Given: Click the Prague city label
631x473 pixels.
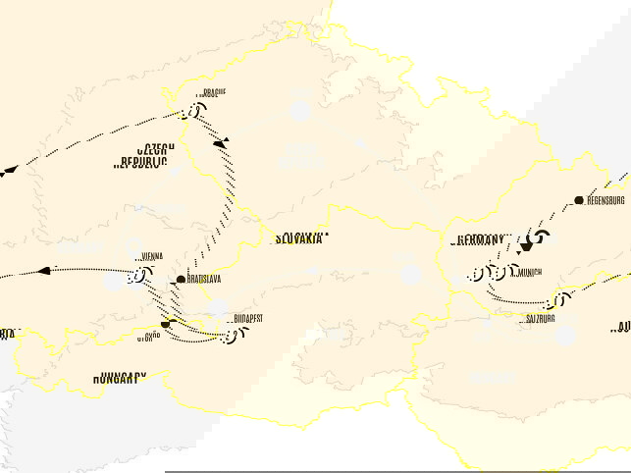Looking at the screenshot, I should tap(213, 93).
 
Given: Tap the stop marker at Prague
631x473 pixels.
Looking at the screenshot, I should tap(193, 112).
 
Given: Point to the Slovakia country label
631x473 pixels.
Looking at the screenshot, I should tap(300, 238).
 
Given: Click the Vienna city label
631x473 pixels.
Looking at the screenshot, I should tap(152, 257).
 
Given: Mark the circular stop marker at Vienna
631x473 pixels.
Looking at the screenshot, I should tap(135, 276).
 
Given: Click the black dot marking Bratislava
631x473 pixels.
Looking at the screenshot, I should tap(181, 281).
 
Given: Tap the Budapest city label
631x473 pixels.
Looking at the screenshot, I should tap(249, 318).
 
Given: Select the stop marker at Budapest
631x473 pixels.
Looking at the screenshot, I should tap(233, 337).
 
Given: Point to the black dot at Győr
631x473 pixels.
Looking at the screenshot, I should tap(165, 323).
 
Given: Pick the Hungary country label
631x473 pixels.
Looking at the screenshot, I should tap(121, 377).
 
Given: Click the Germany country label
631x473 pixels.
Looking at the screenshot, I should tap(480, 240).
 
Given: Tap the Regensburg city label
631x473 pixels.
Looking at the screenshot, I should tap(605, 200).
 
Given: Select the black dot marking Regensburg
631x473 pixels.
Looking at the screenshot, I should tap(578, 199).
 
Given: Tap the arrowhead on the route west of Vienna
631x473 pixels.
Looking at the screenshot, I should tap(44, 270).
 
